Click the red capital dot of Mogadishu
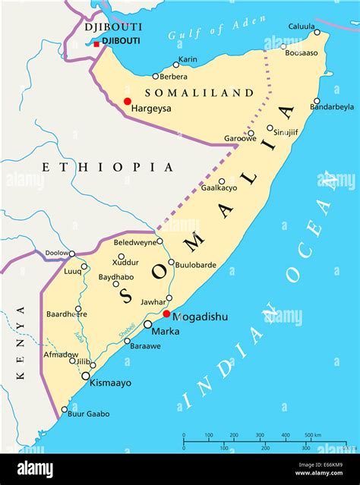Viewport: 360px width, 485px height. point(166,313)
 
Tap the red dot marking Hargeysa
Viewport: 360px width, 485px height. point(128,101)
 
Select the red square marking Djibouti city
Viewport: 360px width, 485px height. point(96,44)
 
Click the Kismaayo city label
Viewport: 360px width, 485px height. point(111,383)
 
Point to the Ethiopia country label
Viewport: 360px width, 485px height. point(107,167)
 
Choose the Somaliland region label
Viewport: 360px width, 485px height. point(198,93)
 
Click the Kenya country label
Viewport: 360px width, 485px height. point(21,342)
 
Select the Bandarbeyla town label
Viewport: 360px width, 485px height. point(331,107)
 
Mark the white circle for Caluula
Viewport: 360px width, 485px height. point(317,32)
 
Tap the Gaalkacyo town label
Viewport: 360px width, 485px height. point(219,187)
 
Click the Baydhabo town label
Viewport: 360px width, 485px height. point(116,276)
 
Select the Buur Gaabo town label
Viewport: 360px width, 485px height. point(89,414)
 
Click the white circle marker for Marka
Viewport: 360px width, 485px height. point(148,324)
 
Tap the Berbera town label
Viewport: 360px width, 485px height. point(175,77)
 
